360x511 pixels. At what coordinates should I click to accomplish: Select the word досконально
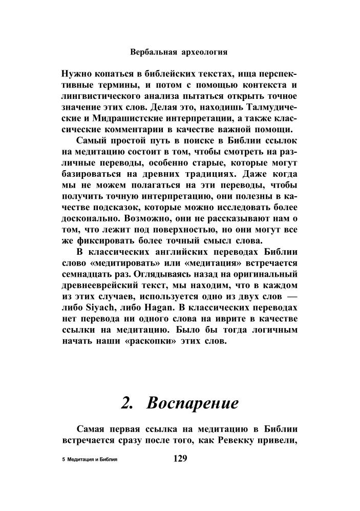point(91,218)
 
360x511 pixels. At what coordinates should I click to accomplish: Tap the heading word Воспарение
point(193,403)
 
